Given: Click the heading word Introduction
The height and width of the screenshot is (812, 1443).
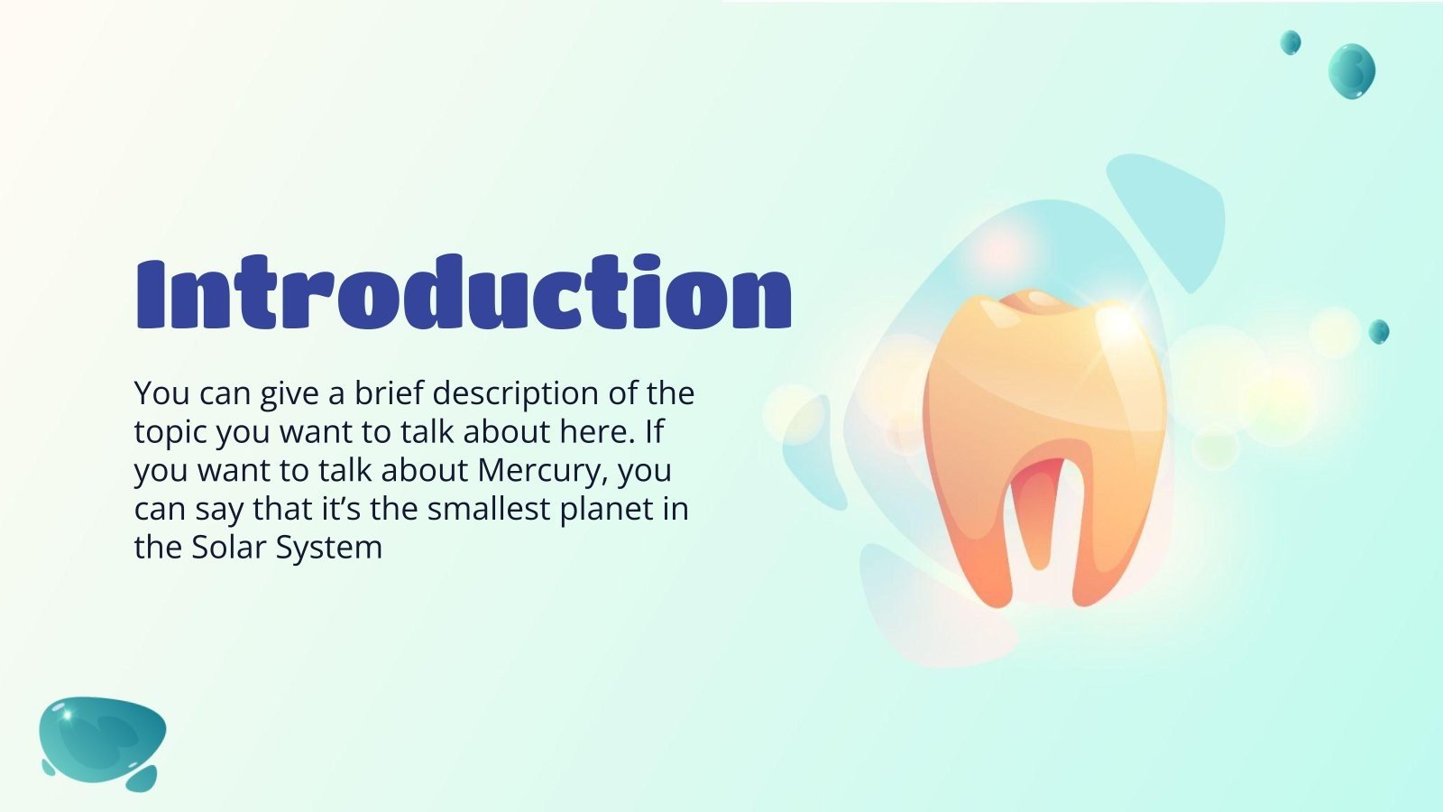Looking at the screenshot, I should click(464, 292).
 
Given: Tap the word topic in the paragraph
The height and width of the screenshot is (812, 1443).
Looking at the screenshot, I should click(171, 433).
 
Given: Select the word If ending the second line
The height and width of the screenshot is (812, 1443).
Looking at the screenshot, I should click(654, 432).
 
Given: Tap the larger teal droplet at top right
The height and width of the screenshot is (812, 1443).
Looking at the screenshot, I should click(1351, 69).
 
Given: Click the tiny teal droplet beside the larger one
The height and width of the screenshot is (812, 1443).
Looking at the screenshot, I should click(1291, 42).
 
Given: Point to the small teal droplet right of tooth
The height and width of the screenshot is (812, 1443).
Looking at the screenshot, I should click(1378, 331).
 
